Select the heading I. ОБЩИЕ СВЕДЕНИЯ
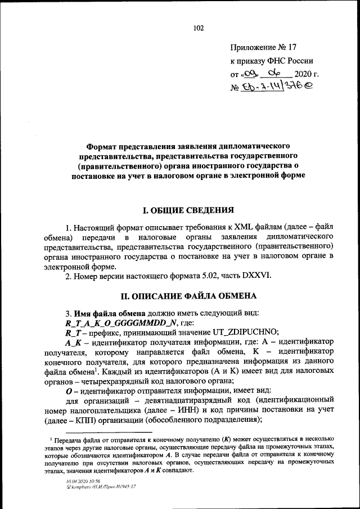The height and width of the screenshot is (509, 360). coord(188,210)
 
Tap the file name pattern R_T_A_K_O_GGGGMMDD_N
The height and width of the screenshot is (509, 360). coord(122,322)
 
